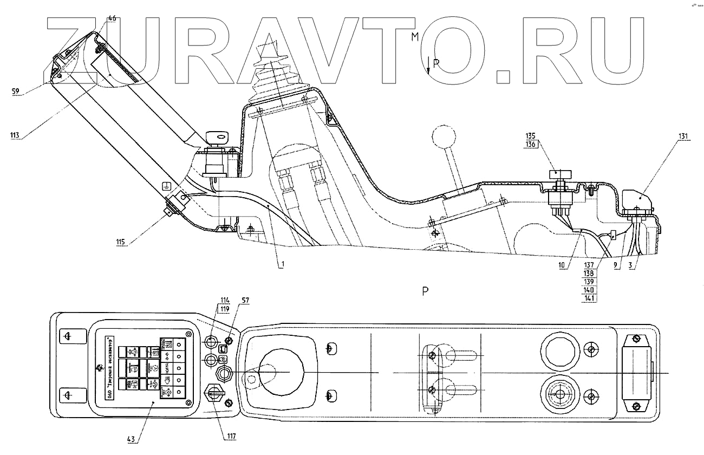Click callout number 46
(x=111, y=18)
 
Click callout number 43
(x=132, y=438)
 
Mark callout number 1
(x=281, y=265)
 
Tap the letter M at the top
(x=415, y=37)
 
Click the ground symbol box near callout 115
(x=168, y=187)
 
